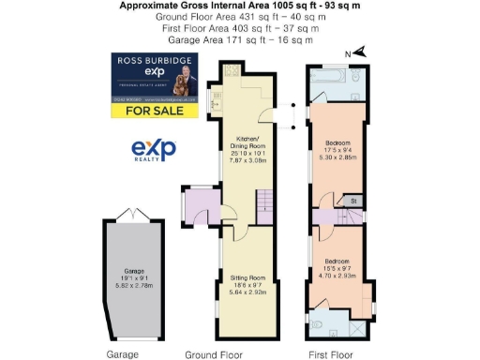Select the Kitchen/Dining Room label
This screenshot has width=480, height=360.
247,154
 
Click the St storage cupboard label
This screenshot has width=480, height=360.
353,201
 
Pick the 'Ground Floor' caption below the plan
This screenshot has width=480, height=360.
215,354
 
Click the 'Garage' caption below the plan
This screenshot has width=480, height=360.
123,354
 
